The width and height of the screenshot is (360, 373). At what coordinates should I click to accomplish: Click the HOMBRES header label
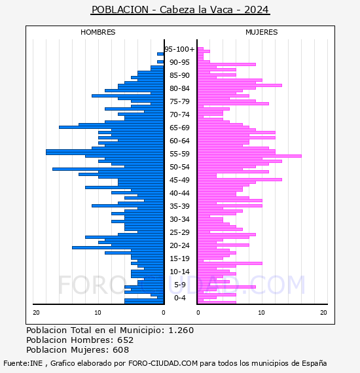click(x=98, y=32)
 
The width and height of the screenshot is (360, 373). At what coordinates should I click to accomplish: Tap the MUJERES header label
click(x=262, y=32)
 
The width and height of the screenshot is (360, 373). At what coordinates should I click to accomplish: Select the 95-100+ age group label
click(x=179, y=49)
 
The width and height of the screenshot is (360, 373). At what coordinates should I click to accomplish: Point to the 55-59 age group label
click(x=179, y=154)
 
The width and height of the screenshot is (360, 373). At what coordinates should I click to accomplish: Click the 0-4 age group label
click(x=180, y=298)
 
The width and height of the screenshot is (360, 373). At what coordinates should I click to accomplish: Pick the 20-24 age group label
click(x=179, y=245)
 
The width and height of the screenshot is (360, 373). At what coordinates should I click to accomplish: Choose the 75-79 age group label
click(x=179, y=101)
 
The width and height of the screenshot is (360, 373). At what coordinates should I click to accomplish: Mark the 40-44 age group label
click(x=179, y=193)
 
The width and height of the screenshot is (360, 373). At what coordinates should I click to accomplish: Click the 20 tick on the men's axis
click(x=36, y=313)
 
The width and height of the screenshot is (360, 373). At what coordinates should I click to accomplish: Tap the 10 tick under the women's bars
click(x=262, y=313)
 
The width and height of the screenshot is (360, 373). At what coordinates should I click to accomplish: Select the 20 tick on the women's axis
click(x=323, y=313)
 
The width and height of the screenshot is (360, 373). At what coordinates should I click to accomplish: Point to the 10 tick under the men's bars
click(x=98, y=313)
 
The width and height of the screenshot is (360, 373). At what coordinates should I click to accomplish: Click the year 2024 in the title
click(x=257, y=10)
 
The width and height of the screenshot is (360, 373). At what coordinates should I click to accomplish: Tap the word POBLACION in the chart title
click(x=120, y=10)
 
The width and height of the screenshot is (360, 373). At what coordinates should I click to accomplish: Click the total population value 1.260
click(x=181, y=330)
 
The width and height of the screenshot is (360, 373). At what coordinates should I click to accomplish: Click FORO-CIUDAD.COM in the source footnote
click(x=163, y=363)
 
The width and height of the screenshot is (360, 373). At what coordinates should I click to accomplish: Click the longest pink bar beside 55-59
click(x=249, y=156)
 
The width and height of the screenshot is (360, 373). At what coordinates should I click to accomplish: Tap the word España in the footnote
click(x=314, y=364)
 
